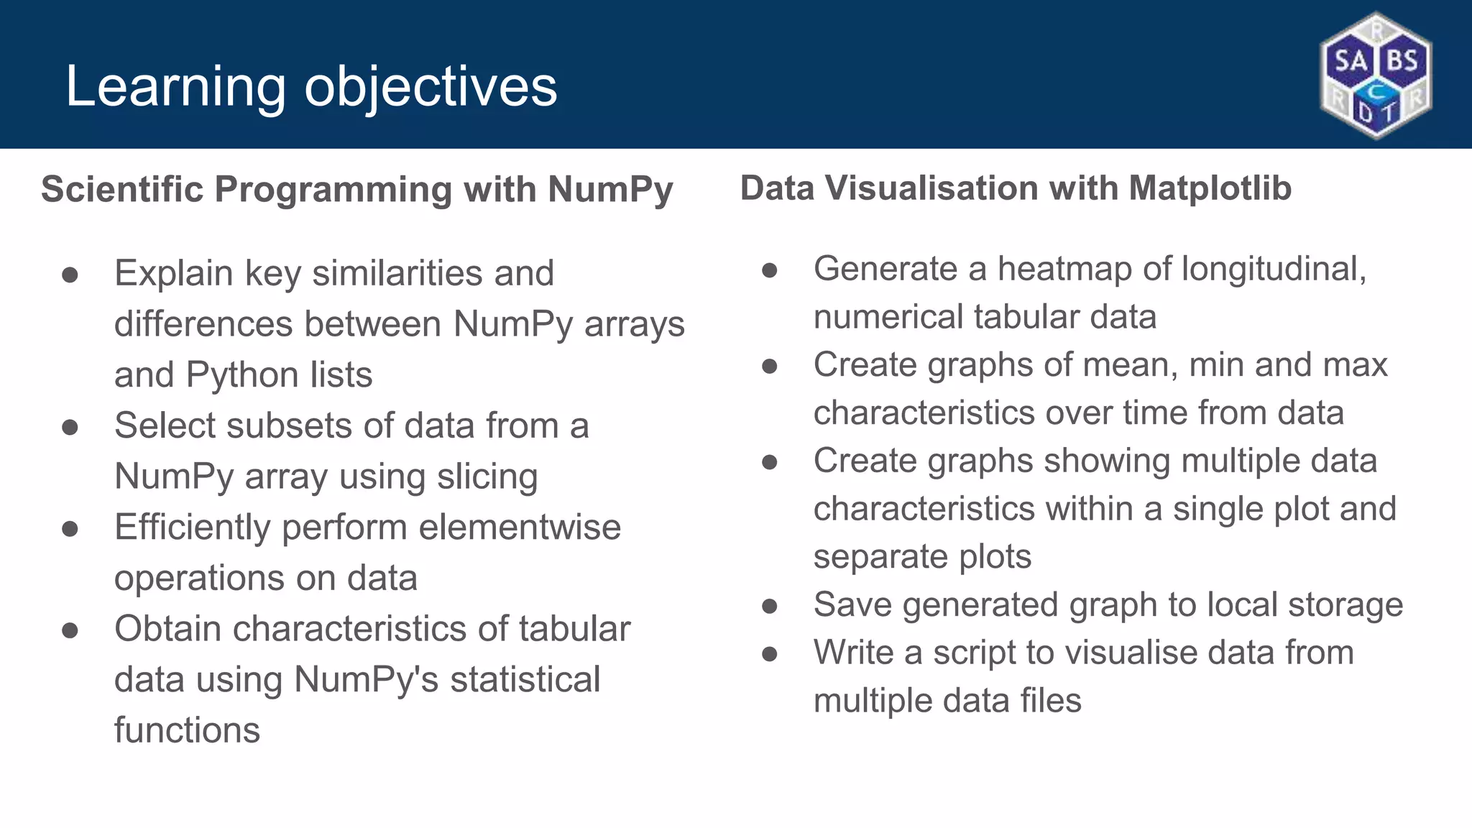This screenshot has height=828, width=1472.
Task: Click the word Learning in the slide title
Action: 175,87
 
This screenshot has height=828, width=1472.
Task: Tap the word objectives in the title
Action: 431,87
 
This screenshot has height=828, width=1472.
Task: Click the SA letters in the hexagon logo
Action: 1351,60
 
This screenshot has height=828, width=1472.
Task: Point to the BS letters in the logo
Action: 1402,60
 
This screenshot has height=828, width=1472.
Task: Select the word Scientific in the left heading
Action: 122,190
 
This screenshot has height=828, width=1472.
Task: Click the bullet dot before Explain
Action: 70,275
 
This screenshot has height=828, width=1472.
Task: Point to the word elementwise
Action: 520,527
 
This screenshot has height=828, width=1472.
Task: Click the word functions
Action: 187,730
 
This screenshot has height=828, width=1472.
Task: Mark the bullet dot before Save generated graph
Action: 770,606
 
